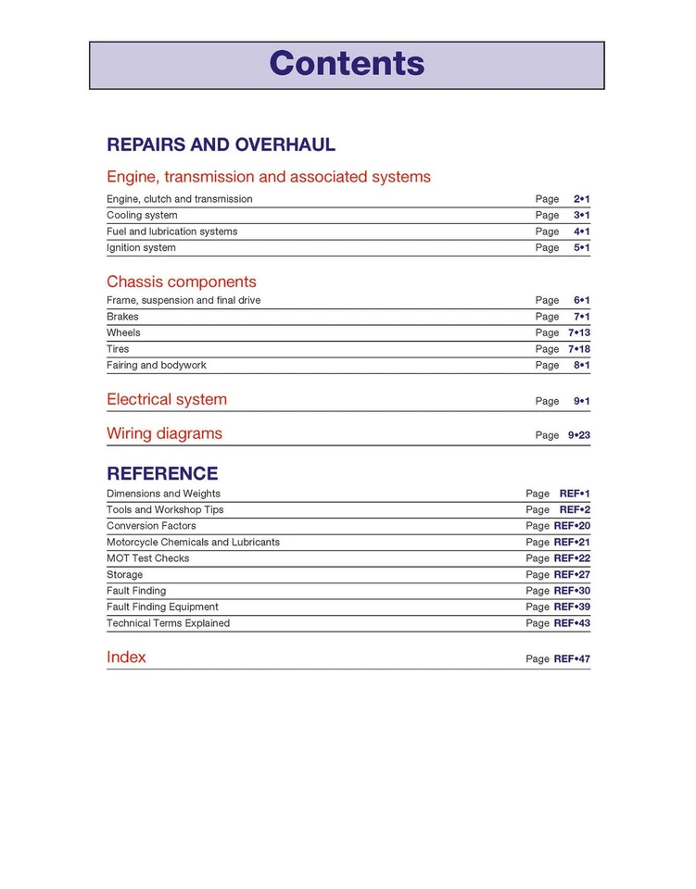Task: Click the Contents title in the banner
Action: pyautogui.click(x=347, y=64)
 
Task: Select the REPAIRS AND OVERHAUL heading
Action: pyautogui.click(x=221, y=145)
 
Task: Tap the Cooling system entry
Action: pyautogui.click(x=142, y=216)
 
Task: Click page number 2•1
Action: pyautogui.click(x=582, y=199)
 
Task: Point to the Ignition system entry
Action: pyautogui.click(x=141, y=248)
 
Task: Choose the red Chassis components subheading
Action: pyautogui.click(x=182, y=282)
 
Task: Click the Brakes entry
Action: pyautogui.click(x=122, y=317)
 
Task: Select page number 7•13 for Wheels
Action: pyautogui.click(x=579, y=332)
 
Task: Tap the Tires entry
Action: pyautogui.click(x=118, y=349)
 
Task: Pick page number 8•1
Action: pyautogui.click(x=582, y=366)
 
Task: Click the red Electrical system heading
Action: pyautogui.click(x=167, y=400)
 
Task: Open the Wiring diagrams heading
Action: pyautogui.click(x=164, y=433)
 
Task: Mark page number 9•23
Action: pyautogui.click(x=579, y=435)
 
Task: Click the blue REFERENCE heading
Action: pyautogui.click(x=162, y=473)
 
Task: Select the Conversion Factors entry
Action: pyautogui.click(x=151, y=526)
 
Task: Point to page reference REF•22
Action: pyautogui.click(x=572, y=558)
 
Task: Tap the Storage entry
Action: pyautogui.click(x=124, y=575)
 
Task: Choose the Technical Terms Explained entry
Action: pyautogui.click(x=168, y=623)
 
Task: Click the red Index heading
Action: pyautogui.click(x=126, y=657)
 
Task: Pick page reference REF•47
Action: pyautogui.click(x=572, y=659)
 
